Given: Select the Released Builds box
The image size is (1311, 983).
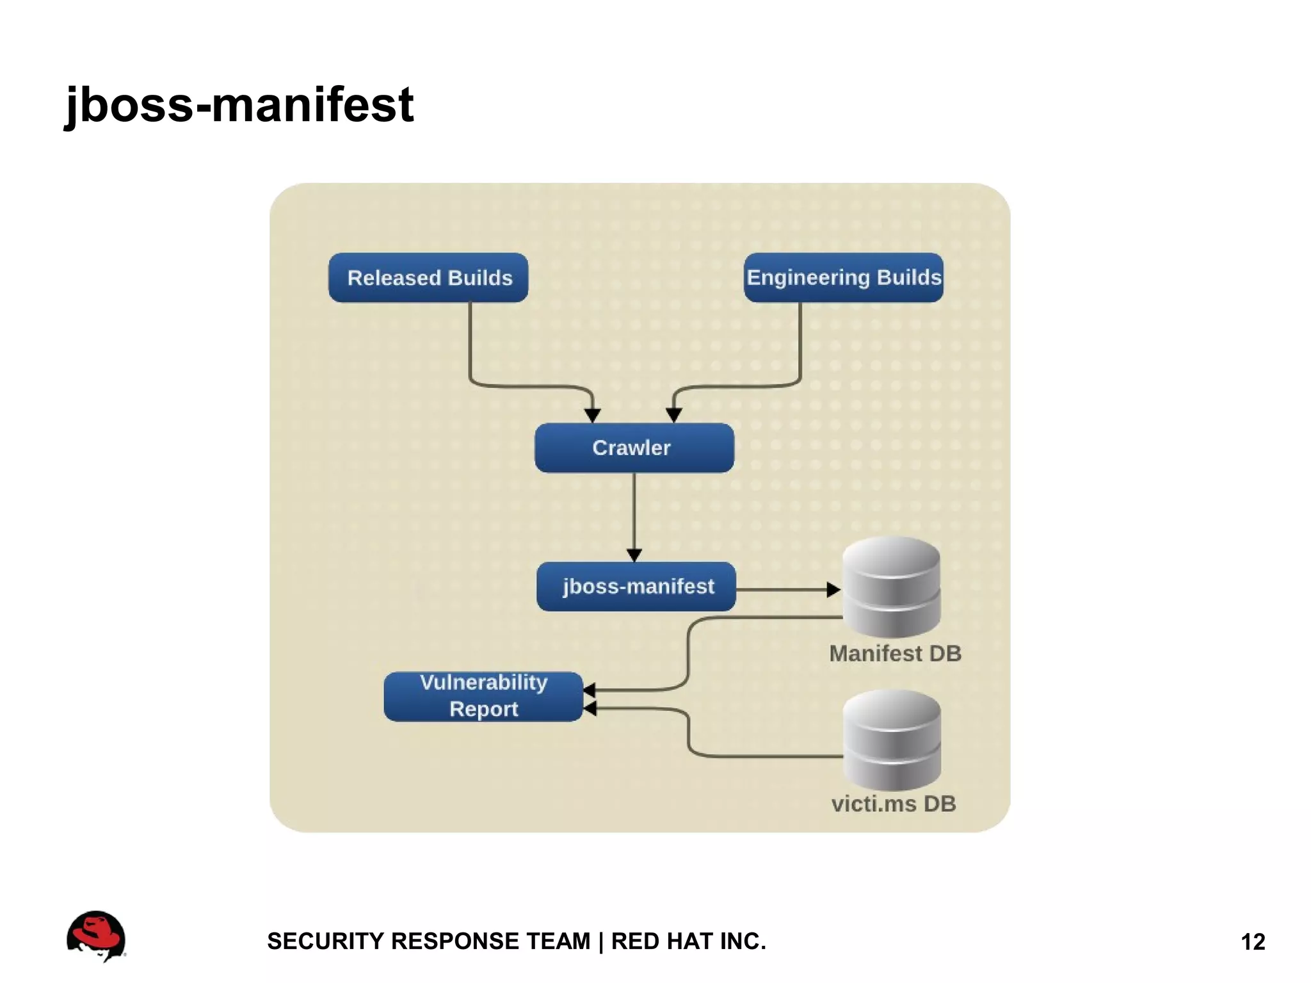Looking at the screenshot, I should [x=428, y=278].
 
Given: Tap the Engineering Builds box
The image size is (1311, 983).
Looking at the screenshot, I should [x=843, y=278].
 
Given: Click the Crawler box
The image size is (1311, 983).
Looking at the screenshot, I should [x=634, y=448].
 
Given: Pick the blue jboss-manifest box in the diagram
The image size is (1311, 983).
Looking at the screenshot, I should [x=636, y=587].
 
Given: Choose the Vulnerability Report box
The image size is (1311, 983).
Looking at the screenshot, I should [x=483, y=696].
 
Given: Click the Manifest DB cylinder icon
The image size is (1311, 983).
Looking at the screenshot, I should [x=891, y=587].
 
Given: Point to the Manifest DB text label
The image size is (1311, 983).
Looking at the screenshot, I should [x=895, y=654].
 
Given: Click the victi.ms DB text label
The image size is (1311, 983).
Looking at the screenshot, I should [x=894, y=804].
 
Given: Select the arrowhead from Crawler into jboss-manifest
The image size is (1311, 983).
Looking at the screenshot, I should [x=634, y=555].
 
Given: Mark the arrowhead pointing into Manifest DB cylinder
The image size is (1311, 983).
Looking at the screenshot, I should [x=833, y=590].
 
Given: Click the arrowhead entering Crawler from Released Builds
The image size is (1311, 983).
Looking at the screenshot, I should [x=593, y=416].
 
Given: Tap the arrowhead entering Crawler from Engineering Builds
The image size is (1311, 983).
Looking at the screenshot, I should [x=673, y=416].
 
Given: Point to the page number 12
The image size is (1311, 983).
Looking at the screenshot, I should [x=1253, y=942].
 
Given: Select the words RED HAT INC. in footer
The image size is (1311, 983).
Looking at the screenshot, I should [x=688, y=941].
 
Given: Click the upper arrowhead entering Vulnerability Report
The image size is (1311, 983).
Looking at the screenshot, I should [x=590, y=690].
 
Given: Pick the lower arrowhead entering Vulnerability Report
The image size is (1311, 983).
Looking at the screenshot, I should [x=590, y=708].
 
